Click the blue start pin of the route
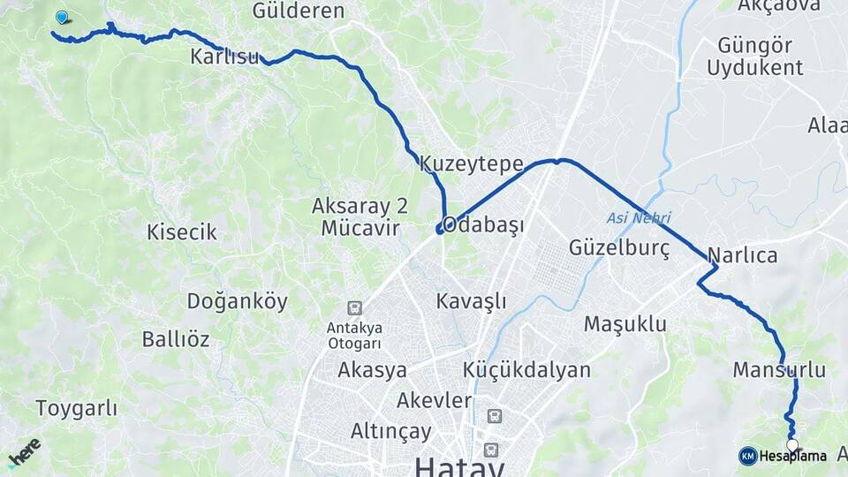point(61,17)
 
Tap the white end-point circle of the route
point(792,445)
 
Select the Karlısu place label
point(224,57)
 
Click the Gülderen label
point(298,11)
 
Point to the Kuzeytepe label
point(472,164)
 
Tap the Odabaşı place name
point(483,224)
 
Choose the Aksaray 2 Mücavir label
point(360,217)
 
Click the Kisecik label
point(182,232)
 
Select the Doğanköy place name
point(237,301)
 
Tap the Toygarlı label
point(77,408)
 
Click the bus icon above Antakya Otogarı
point(354,307)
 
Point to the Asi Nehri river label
point(639,217)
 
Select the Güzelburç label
point(620,248)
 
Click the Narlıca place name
point(742,256)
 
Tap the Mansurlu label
point(779,369)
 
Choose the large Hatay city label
point(460,466)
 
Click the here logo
point(24,451)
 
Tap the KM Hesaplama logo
point(783,456)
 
